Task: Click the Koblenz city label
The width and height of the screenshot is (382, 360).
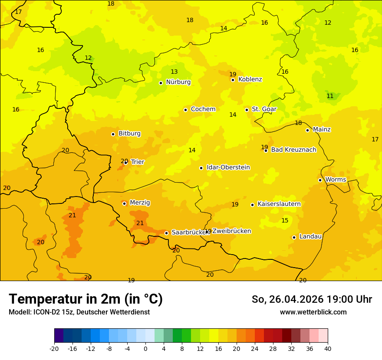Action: pos(250,79)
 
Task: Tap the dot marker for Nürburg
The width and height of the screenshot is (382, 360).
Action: pos(161,83)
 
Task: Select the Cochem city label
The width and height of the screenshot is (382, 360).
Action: pos(203,109)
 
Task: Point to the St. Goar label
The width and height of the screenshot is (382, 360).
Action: pos(264,109)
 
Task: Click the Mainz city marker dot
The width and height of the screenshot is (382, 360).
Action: pos(307,130)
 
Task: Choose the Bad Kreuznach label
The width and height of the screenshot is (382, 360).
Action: pos(293,150)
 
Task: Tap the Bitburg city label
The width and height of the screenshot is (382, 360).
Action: pos(129,134)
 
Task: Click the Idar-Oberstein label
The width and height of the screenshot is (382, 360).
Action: pos(228,167)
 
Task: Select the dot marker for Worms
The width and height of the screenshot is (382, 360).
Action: pos(320,180)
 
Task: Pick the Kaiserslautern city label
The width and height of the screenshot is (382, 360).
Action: pos(279,204)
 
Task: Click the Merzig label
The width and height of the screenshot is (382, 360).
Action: pos(140,203)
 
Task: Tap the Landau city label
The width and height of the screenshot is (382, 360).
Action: pos(310,237)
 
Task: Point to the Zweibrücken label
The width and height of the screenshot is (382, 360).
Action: pos(231,231)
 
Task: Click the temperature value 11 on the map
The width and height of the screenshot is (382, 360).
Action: pos(330,96)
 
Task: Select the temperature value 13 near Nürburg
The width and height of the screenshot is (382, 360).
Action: pos(174,72)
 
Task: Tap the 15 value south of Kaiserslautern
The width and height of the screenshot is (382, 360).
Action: pos(285,221)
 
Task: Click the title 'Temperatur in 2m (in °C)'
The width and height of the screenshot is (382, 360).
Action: pos(86,299)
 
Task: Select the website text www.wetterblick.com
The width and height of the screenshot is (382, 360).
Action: pos(313,312)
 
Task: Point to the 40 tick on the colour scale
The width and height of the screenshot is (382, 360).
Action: pos(328,349)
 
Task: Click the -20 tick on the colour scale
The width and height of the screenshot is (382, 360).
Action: pos(54,349)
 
